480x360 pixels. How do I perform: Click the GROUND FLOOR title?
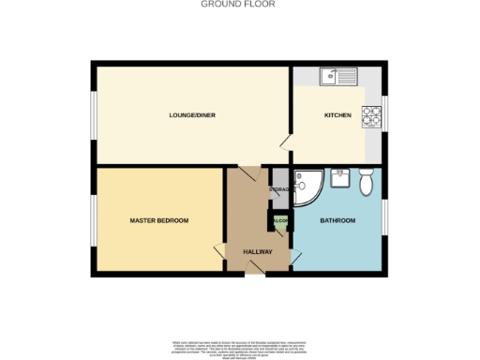click(x=239, y=4)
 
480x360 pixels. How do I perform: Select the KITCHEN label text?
click(x=337, y=115)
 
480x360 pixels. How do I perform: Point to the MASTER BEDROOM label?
click(x=158, y=220)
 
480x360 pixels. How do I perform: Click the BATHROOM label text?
click(x=337, y=220)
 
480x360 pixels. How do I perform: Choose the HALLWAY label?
click(x=257, y=251)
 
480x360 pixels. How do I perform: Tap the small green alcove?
click(x=279, y=221)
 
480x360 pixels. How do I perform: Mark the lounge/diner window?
click(x=93, y=114)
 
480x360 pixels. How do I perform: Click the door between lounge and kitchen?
click(x=286, y=143)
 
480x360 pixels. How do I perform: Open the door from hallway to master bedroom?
click(x=221, y=250)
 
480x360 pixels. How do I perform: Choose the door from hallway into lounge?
click(x=247, y=172)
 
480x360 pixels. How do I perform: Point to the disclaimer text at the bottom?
click(x=239, y=348)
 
